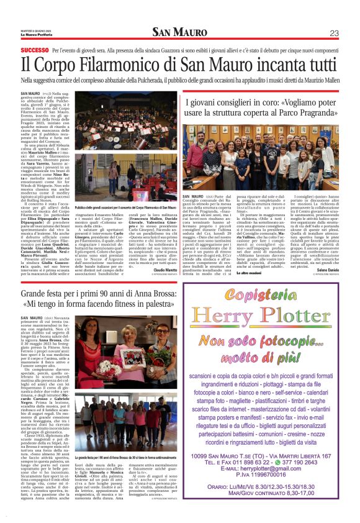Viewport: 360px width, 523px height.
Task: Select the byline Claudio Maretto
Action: [x=163, y=252]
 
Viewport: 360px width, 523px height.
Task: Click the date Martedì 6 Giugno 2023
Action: [x=35, y=30]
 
